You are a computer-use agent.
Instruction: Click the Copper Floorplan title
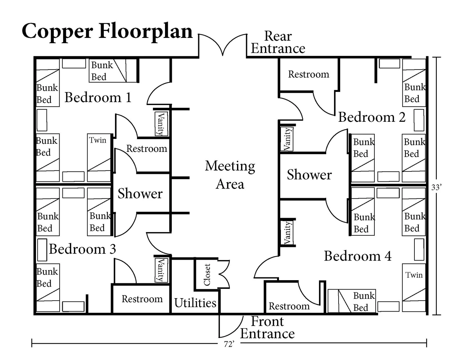107,31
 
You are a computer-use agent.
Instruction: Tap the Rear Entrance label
278,43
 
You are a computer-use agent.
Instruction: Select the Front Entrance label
267,328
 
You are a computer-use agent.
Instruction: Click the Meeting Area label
230,175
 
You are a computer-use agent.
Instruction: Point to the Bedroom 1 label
98,98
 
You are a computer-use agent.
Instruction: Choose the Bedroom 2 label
372,117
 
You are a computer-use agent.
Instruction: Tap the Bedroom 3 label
82,249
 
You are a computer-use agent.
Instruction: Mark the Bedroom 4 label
358,256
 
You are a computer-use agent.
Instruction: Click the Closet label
207,275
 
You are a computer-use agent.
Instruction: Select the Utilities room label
195,303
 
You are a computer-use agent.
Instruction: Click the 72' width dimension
229,344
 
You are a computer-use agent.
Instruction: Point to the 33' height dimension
436,187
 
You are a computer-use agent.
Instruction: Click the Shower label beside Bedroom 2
309,175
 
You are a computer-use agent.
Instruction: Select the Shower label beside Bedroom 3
140,194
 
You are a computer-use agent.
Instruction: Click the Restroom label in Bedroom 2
308,74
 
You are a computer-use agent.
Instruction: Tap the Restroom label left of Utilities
142,299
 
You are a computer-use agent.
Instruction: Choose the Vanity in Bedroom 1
161,124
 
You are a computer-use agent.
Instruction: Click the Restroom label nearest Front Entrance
289,306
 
